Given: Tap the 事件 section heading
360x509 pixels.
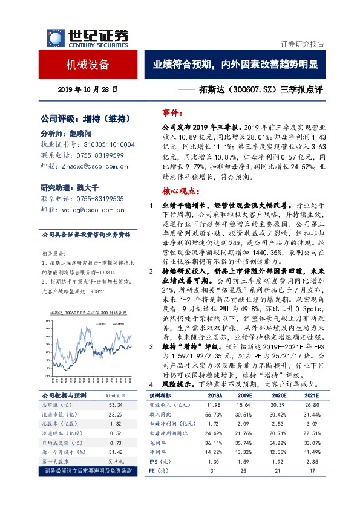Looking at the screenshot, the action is coord(174,112).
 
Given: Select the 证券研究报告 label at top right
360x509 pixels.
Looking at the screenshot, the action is coord(303,44).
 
